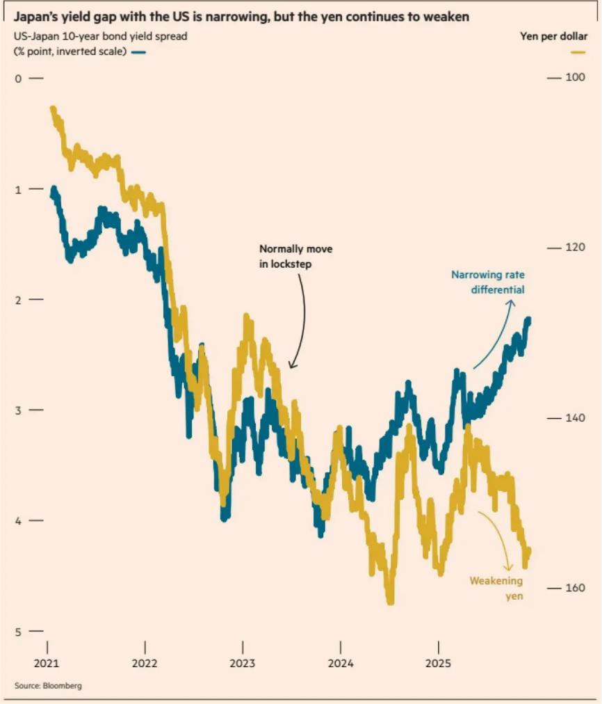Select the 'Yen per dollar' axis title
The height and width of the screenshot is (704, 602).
pos(553,37)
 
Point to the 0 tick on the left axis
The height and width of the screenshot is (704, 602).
pos(19,79)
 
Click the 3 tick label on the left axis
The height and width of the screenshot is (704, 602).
pos(19,410)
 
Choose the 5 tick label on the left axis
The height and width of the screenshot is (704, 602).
pos(19,632)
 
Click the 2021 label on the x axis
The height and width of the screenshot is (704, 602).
pos(47,663)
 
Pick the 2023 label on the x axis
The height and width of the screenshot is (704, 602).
pos(243,663)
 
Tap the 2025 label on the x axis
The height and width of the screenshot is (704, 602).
pos(439,663)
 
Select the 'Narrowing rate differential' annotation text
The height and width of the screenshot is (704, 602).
pos(488,282)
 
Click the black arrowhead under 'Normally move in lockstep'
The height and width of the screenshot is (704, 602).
pos(291,365)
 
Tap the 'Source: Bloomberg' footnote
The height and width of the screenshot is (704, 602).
pos(48,686)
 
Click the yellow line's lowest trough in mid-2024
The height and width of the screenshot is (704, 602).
pos(390,601)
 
